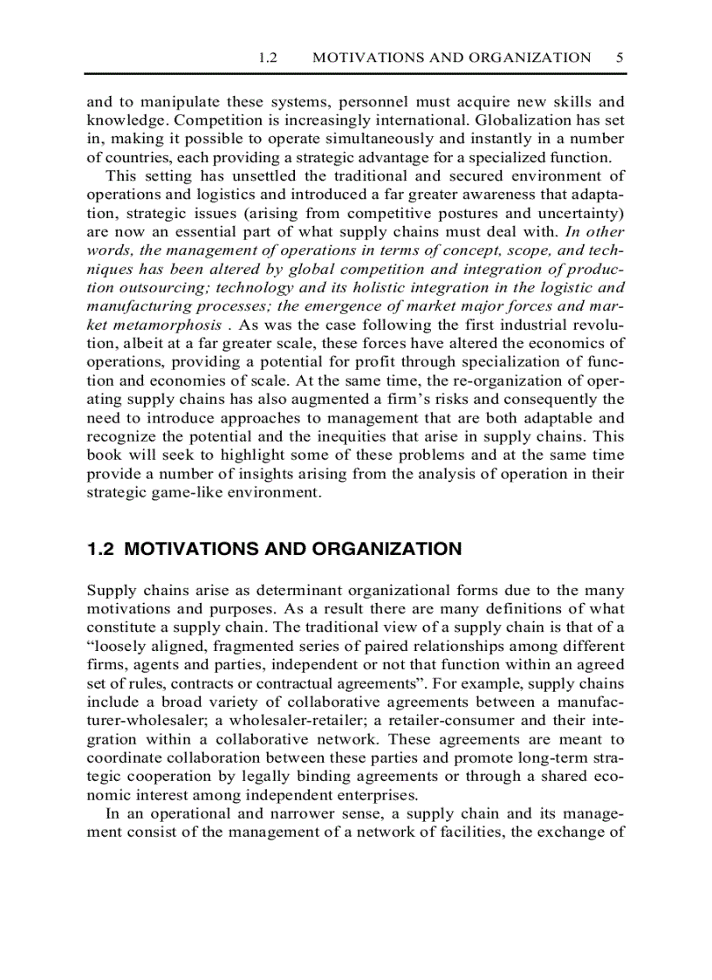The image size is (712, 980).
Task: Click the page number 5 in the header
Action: coord(619,58)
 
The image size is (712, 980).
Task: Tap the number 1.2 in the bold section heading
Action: coord(101,550)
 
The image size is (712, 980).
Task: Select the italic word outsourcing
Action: coord(147,287)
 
